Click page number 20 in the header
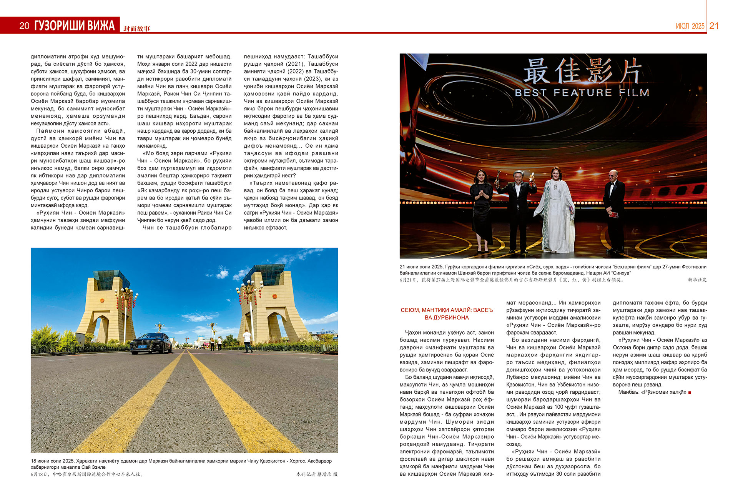coord(24,26)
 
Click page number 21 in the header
coord(714,26)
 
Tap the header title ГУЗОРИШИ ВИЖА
coord(75,26)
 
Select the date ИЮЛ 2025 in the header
coord(690,26)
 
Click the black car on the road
coord(151,343)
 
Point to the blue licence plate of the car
coord(142,346)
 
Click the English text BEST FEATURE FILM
coord(582,93)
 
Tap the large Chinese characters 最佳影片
coord(582,71)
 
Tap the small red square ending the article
coord(690,393)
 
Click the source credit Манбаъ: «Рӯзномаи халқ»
coord(652,392)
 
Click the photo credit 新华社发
coord(697,280)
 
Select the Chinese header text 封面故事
coord(137,28)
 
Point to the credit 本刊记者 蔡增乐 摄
coord(317,474)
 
